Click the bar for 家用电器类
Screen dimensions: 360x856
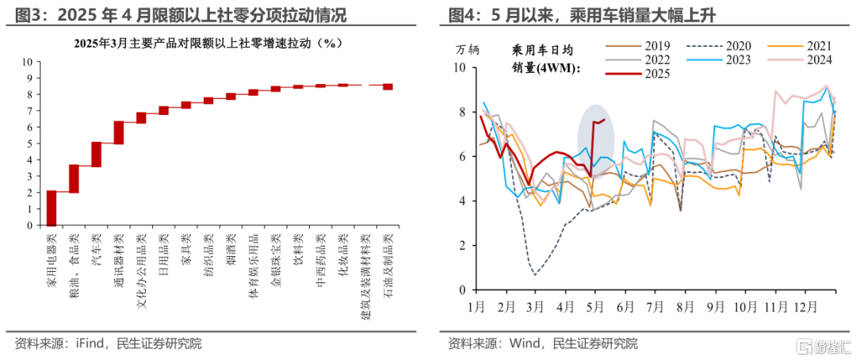[x=51, y=208]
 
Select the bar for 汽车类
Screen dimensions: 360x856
[x=96, y=155]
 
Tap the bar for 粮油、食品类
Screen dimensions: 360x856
[x=74, y=179]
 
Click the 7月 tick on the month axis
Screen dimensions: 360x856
[x=655, y=307]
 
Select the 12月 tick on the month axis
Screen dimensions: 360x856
[x=807, y=307]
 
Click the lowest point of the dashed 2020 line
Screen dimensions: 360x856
[x=535, y=275]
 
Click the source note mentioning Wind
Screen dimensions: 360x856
[x=542, y=343]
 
